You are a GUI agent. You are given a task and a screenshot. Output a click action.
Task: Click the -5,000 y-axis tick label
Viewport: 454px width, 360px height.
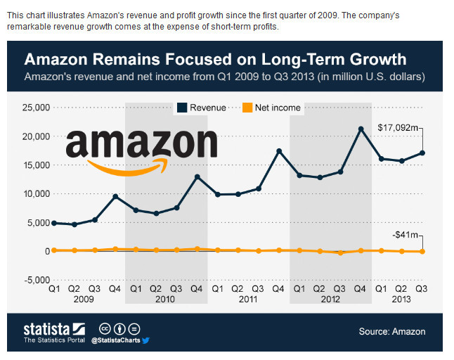tap(35, 280)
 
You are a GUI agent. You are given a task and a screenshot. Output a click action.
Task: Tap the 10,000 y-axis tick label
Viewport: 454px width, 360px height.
tap(34, 194)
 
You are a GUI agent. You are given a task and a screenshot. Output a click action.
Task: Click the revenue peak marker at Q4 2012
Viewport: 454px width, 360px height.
tap(361, 129)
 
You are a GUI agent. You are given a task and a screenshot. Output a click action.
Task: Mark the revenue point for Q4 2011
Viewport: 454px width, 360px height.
tap(279, 151)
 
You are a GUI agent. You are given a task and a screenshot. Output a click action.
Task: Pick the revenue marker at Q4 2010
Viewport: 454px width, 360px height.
tap(197, 176)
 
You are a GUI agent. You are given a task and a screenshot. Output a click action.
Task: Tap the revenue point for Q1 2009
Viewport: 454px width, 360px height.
tap(53, 223)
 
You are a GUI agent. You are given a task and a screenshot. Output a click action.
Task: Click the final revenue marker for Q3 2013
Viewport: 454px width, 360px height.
tap(422, 153)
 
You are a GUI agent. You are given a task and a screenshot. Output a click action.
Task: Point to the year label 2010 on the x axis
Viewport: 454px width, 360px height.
tap(166, 299)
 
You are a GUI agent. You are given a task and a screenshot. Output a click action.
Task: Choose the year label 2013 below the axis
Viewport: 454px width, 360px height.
tap(402, 299)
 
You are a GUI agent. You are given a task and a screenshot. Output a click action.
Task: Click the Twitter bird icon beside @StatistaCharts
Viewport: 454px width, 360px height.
tap(146, 340)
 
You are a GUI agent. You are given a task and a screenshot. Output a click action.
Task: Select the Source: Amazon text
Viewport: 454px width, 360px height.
tap(391, 331)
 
